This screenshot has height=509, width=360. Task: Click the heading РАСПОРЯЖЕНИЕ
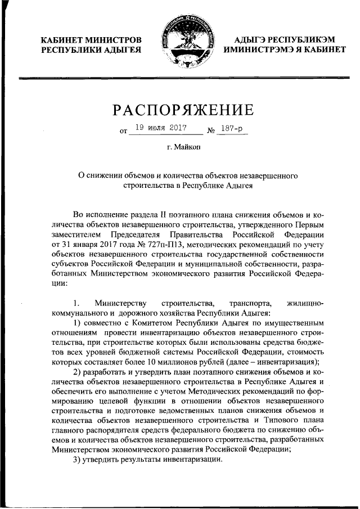point(181,108)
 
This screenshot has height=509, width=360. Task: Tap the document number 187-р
point(232,129)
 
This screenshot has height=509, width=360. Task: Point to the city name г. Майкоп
point(179,148)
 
